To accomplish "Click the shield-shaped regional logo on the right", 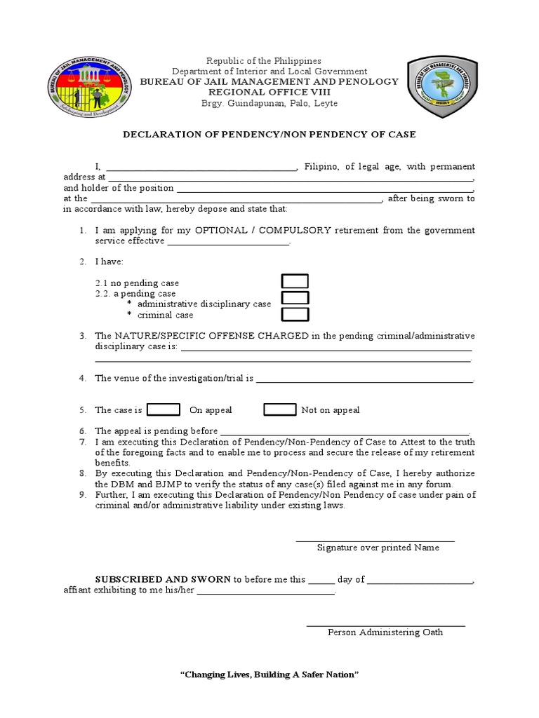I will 444,86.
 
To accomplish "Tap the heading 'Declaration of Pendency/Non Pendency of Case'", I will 269,134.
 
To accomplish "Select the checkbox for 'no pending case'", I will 295,282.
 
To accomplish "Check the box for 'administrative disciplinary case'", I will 295,298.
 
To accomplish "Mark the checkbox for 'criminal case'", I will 295,314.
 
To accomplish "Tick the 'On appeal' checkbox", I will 164,409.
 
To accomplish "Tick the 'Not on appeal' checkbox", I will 279,409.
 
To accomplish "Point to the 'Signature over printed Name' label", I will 378,548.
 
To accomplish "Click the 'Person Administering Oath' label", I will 385,632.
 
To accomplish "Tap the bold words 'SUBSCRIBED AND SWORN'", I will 163,579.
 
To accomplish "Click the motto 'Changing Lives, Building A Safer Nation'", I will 269,674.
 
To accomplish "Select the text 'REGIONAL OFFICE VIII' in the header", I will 269,92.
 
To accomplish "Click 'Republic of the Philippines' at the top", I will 269,61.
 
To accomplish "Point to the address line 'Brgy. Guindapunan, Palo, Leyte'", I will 269,103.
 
